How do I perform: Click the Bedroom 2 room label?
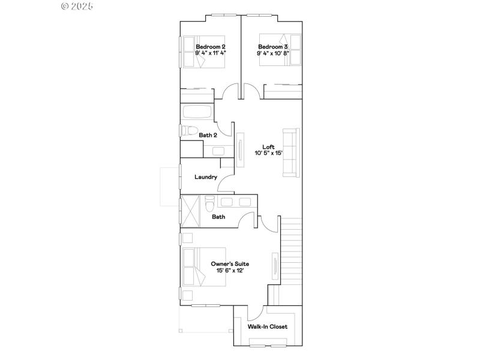coord(210,46)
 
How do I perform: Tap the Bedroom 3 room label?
coord(273,46)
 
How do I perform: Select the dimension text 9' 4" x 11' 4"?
coord(210,53)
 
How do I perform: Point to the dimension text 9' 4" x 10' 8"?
coord(273,53)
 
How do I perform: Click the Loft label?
coord(268,146)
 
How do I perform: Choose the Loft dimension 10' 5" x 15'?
coord(268,154)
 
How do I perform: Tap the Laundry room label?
coord(205,177)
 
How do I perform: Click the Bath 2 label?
coord(208,136)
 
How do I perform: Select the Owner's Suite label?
coord(230,263)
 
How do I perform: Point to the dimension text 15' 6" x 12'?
coord(230,271)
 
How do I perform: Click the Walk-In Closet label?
coord(268,327)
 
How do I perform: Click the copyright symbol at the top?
coord(65,6)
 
